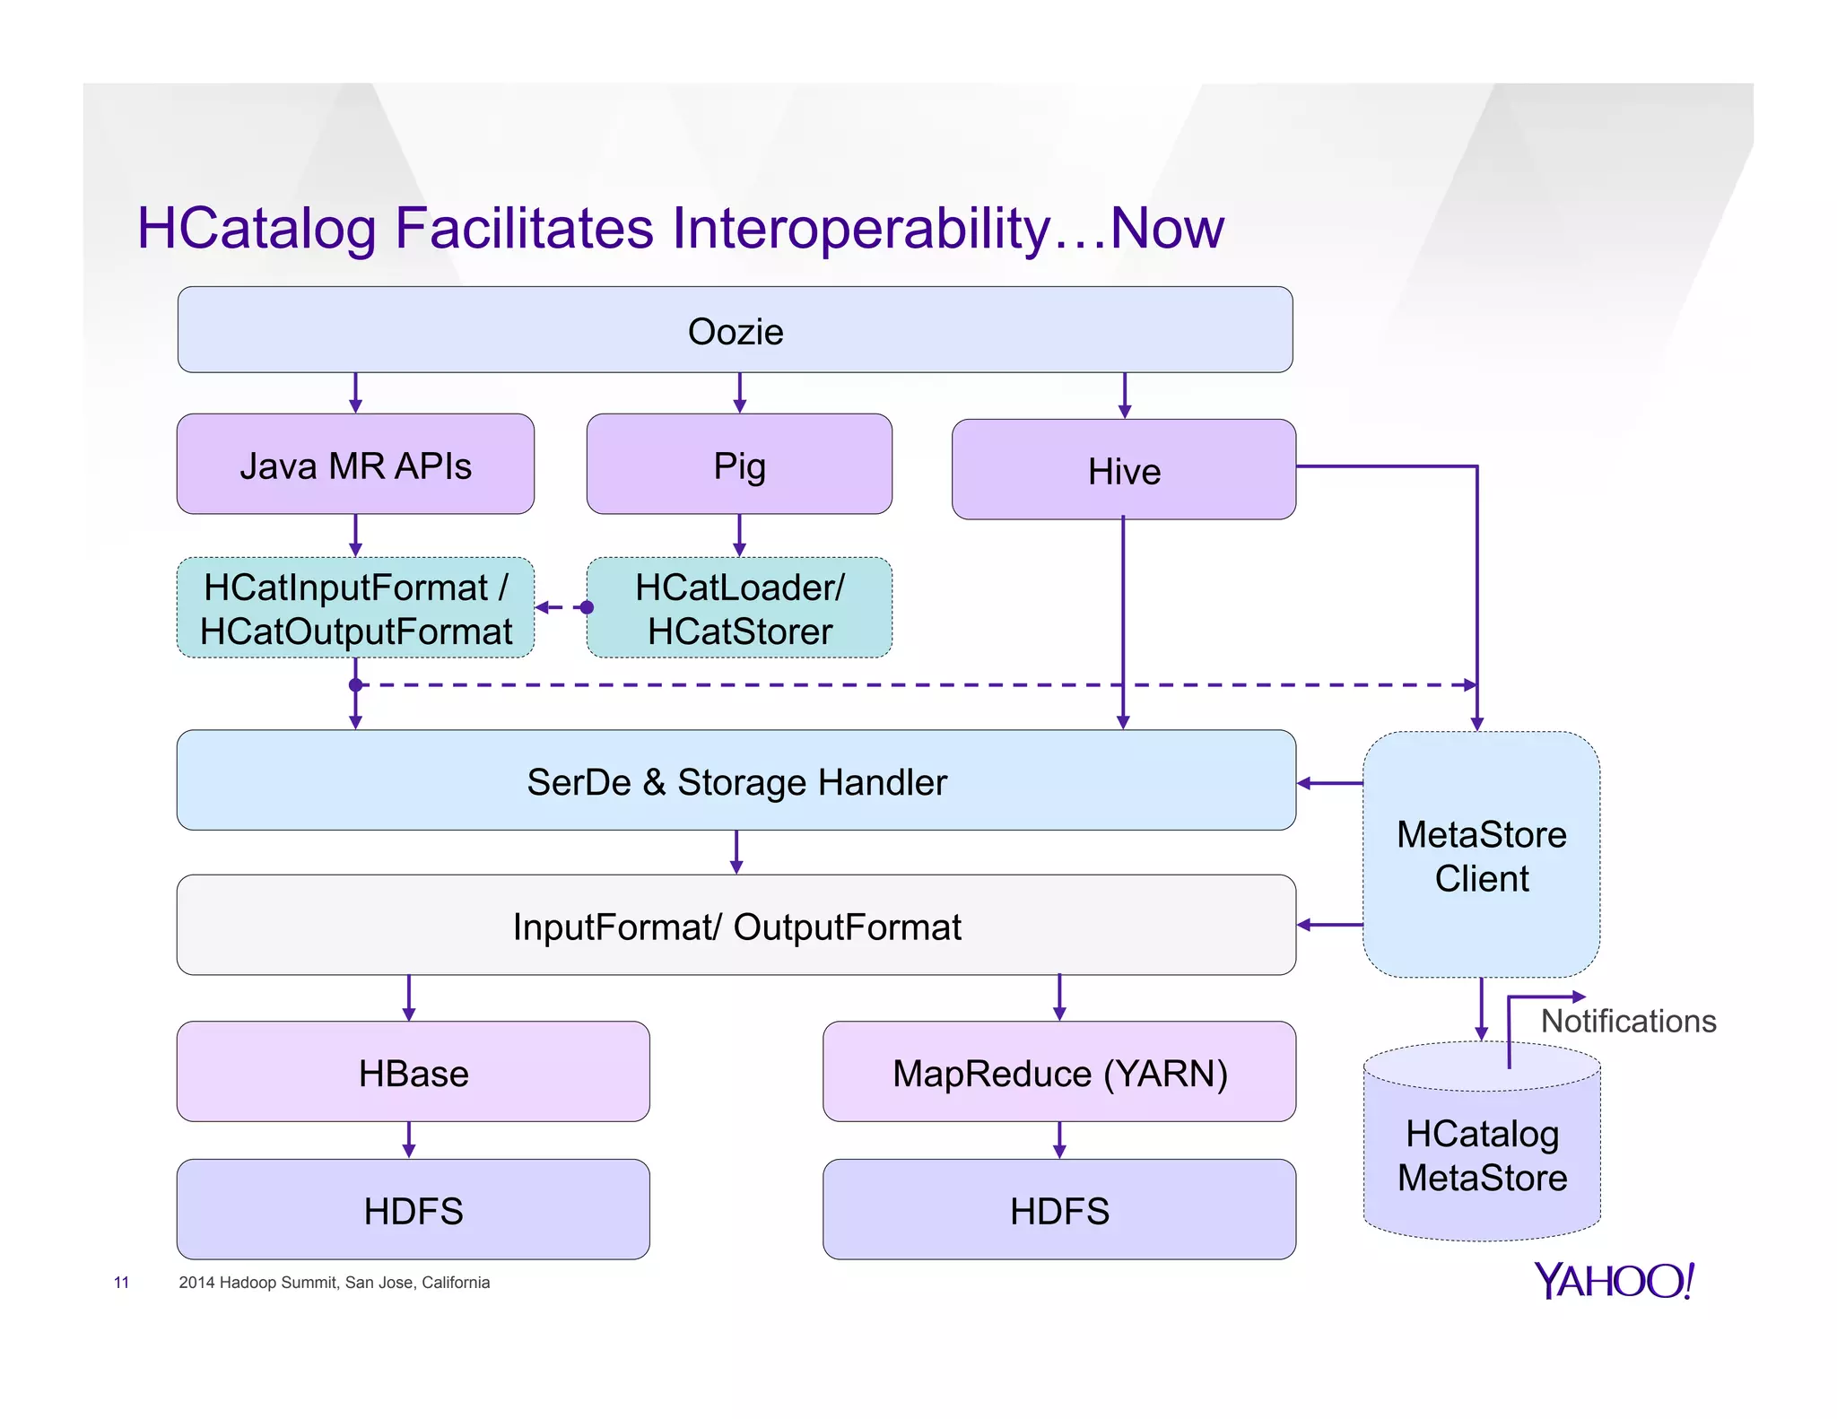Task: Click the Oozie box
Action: (735, 330)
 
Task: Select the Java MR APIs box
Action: (355, 465)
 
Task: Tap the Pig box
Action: (739, 465)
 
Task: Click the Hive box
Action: (1123, 470)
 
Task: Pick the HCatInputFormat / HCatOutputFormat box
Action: (355, 608)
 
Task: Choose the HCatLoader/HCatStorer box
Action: (739, 608)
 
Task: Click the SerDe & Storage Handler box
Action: (736, 780)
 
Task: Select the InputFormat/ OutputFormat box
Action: (736, 926)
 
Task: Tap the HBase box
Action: (413, 1072)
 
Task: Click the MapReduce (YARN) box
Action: (1059, 1072)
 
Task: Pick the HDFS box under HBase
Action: (413, 1210)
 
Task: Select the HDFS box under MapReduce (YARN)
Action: (1059, 1210)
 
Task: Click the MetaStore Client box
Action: (1481, 855)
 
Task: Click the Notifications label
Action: (1628, 1021)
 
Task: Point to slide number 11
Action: (121, 1283)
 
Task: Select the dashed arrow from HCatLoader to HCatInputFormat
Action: (562, 607)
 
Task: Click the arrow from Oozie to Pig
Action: (739, 393)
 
